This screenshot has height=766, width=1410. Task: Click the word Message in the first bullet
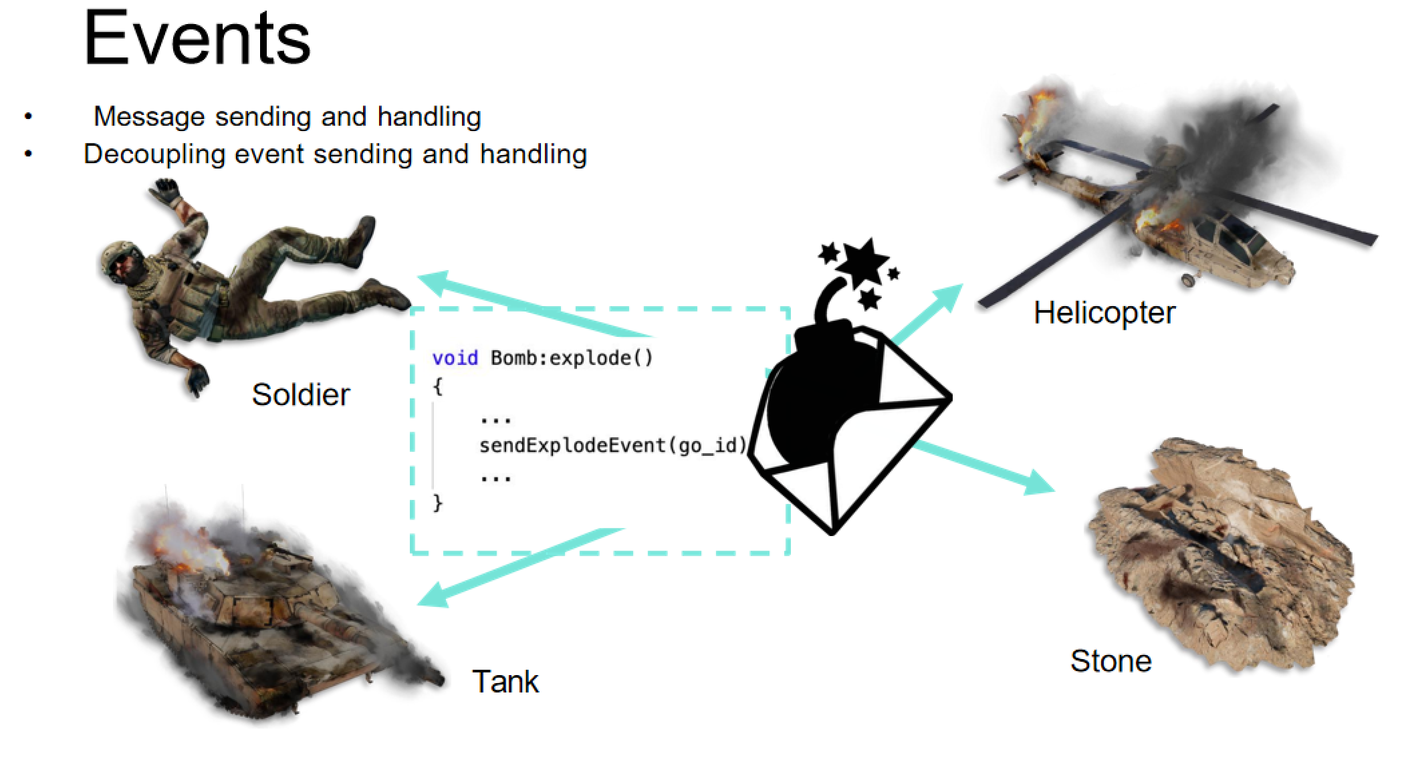pyautogui.click(x=148, y=117)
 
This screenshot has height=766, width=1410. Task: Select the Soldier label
pyautogui.click(x=301, y=394)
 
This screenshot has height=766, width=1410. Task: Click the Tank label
pyautogui.click(x=505, y=682)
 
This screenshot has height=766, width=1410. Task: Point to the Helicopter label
pyautogui.click(x=1104, y=313)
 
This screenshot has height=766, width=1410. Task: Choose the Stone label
pyautogui.click(x=1111, y=661)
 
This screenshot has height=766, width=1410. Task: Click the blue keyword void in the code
pyautogui.click(x=455, y=358)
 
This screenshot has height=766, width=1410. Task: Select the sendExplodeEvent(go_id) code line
pyautogui.click(x=612, y=445)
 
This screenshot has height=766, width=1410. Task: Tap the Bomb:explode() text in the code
pyautogui.click(x=572, y=358)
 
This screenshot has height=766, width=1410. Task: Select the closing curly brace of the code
pyautogui.click(x=438, y=502)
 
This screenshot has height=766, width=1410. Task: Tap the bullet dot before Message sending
pyautogui.click(x=28, y=117)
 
